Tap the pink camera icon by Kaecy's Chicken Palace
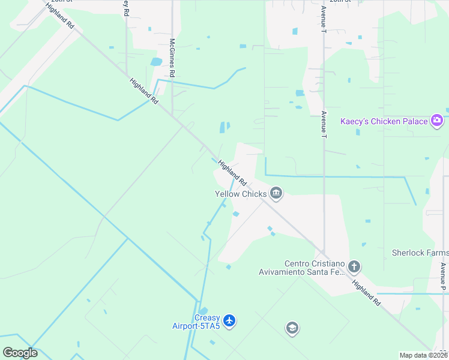coord(436,121)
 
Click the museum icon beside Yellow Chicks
coord(276,193)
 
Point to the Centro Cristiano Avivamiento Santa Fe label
coord(315,268)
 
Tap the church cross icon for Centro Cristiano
coord(355,266)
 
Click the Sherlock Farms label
coord(420,253)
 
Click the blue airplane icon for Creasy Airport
coord(229,321)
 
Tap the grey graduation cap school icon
coord(292,328)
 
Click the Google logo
coord(20,353)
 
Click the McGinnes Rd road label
coord(172,58)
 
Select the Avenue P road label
coord(443,277)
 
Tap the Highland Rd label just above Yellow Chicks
coord(232,173)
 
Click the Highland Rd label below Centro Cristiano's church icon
coord(366,294)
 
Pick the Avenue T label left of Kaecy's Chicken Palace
coord(324,124)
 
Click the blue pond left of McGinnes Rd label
coord(156,62)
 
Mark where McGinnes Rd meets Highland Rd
coord(173,114)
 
